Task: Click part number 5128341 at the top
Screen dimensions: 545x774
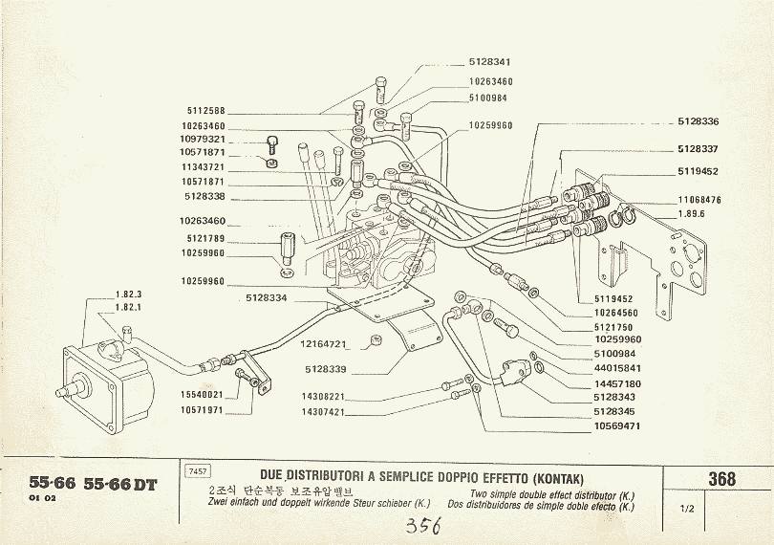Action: [490, 61]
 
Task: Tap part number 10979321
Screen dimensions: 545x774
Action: [202, 139]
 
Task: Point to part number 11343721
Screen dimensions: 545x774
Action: [202, 166]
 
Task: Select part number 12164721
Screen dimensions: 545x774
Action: [322, 342]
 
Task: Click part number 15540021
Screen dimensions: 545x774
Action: [202, 394]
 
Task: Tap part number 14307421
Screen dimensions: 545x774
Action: [322, 412]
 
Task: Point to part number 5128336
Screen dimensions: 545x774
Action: [698, 121]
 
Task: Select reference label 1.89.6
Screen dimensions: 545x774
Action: [691, 214]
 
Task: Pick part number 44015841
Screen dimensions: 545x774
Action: [617, 368]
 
